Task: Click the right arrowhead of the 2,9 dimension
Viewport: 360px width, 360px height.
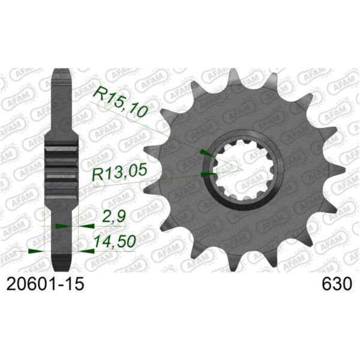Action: pos(86,227)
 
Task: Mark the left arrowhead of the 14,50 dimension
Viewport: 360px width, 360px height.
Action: pos(36,251)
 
